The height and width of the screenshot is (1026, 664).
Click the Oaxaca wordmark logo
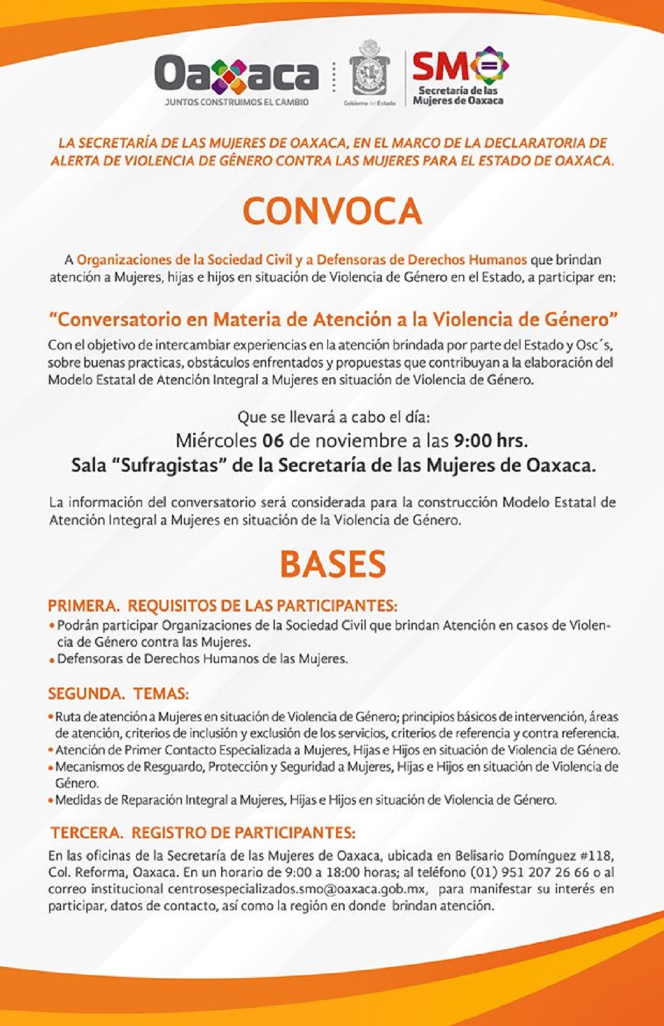(x=236, y=75)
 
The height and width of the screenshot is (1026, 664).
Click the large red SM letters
(x=440, y=66)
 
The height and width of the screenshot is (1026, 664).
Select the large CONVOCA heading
(x=332, y=211)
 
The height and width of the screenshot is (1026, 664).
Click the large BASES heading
(x=333, y=564)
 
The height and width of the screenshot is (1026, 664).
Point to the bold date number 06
(x=273, y=440)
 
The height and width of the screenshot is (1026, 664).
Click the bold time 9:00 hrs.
(x=491, y=440)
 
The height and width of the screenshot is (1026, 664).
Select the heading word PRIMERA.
(x=82, y=606)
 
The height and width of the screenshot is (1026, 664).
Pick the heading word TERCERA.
(x=87, y=833)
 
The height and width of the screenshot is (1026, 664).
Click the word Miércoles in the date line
(x=216, y=440)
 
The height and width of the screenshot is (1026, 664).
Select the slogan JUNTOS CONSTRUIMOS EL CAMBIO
(x=236, y=103)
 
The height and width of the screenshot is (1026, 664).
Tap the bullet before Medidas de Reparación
(x=50, y=800)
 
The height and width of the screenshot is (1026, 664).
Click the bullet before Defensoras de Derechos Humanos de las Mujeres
(x=52, y=660)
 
